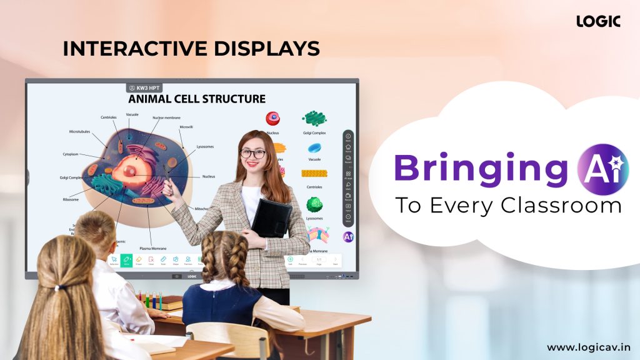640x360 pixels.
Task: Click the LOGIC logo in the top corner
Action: coord(598,21)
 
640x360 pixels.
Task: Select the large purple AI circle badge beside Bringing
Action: coord(602,166)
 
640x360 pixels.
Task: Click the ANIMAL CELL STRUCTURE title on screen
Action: coord(197,99)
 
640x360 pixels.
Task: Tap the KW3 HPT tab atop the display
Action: coord(144,88)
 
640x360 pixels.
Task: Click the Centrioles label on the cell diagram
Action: coord(109,117)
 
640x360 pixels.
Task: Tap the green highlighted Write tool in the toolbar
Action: coord(126,260)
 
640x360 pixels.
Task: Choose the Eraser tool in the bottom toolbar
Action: coord(139,260)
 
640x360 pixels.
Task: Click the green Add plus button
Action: coord(290,259)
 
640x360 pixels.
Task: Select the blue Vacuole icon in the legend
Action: coord(314,149)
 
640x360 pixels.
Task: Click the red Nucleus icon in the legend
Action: coord(272,119)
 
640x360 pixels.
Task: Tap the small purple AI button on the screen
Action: coord(348,237)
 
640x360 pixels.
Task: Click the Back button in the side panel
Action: coord(348,137)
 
